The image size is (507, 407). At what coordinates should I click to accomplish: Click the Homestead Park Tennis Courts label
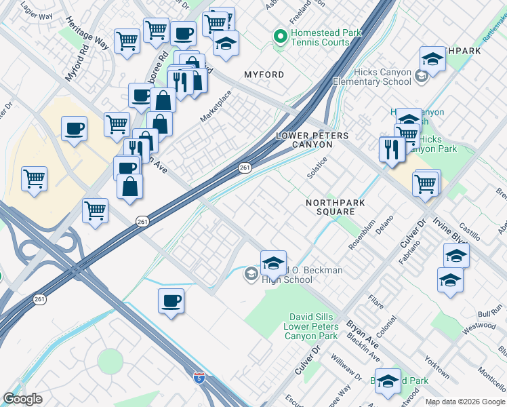click(x=321, y=37)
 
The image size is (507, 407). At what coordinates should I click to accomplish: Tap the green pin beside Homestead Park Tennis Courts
click(x=279, y=36)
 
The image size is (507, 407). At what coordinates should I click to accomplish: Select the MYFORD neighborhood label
click(x=264, y=74)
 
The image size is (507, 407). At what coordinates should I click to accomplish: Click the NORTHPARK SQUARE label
click(x=336, y=207)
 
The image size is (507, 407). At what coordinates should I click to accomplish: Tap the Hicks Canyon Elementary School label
click(x=382, y=76)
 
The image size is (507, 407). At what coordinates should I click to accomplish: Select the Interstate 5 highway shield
click(x=199, y=376)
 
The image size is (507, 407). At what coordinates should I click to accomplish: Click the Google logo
click(x=22, y=399)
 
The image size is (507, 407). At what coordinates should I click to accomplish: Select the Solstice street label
click(x=317, y=167)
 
